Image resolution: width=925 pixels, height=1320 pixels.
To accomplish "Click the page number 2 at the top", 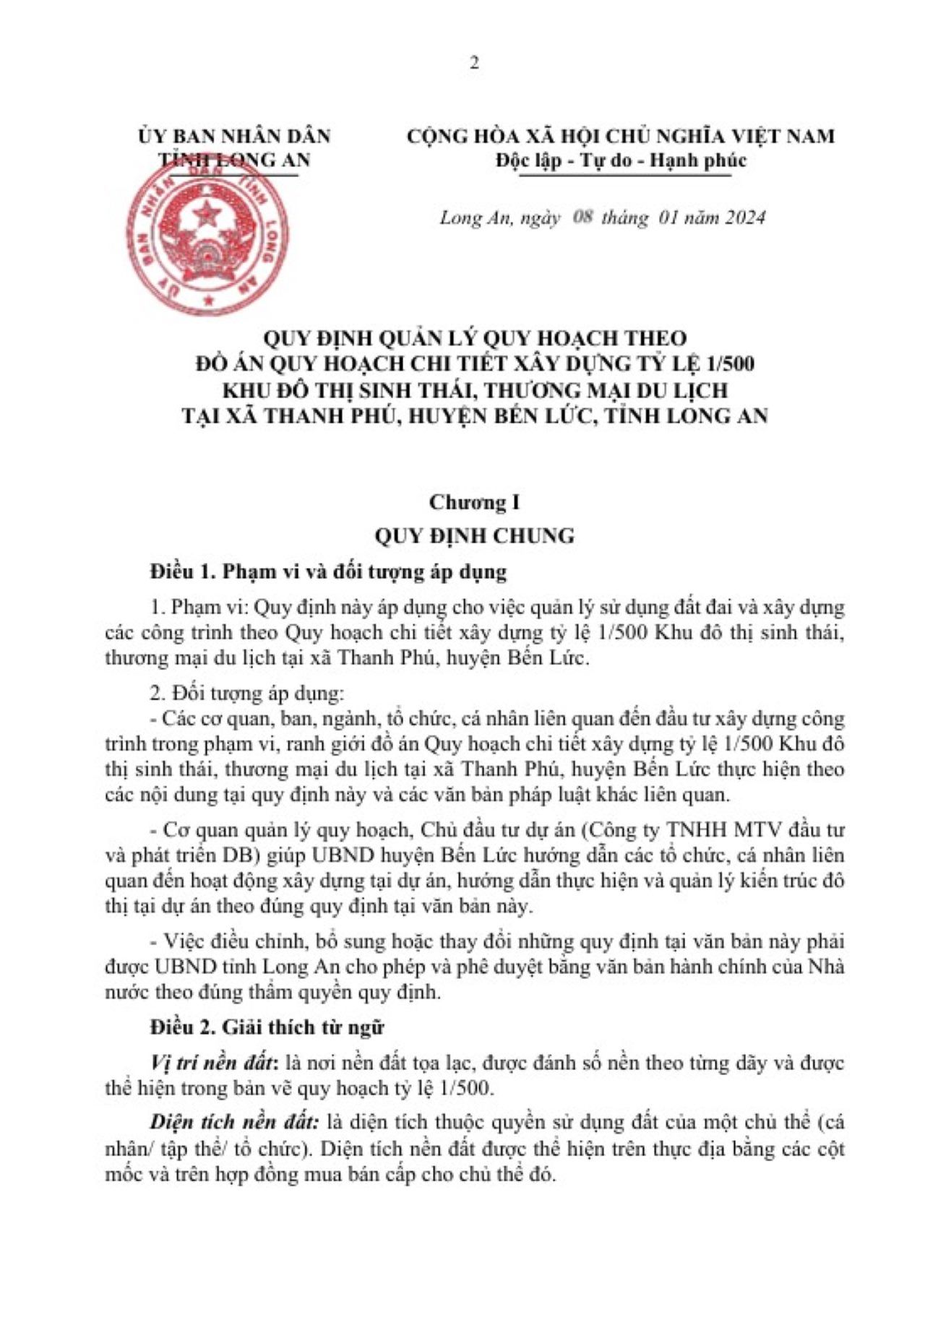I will point(474,63).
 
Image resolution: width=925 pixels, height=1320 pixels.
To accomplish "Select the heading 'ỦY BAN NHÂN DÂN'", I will point(235,136).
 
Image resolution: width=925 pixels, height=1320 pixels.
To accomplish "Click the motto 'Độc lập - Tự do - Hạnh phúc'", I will point(620,160).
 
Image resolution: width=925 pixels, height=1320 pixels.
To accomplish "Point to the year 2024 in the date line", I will point(739,217).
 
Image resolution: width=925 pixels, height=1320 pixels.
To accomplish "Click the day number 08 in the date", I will point(582,217).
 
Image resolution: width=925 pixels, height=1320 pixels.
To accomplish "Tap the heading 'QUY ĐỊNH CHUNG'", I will point(474,536).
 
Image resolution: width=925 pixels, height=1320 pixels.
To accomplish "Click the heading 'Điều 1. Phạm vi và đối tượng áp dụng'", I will point(328,571).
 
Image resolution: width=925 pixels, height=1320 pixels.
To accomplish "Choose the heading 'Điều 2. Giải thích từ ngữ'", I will point(267,1027).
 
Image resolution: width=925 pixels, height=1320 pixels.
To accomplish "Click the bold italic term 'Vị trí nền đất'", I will point(214,1063).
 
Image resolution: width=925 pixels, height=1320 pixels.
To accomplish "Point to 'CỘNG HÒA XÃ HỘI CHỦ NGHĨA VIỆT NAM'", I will point(620,136).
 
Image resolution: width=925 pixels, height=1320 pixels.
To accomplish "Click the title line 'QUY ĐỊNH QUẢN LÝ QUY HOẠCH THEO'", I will point(474,337).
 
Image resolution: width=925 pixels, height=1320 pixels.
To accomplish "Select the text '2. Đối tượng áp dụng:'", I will point(246,694).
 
